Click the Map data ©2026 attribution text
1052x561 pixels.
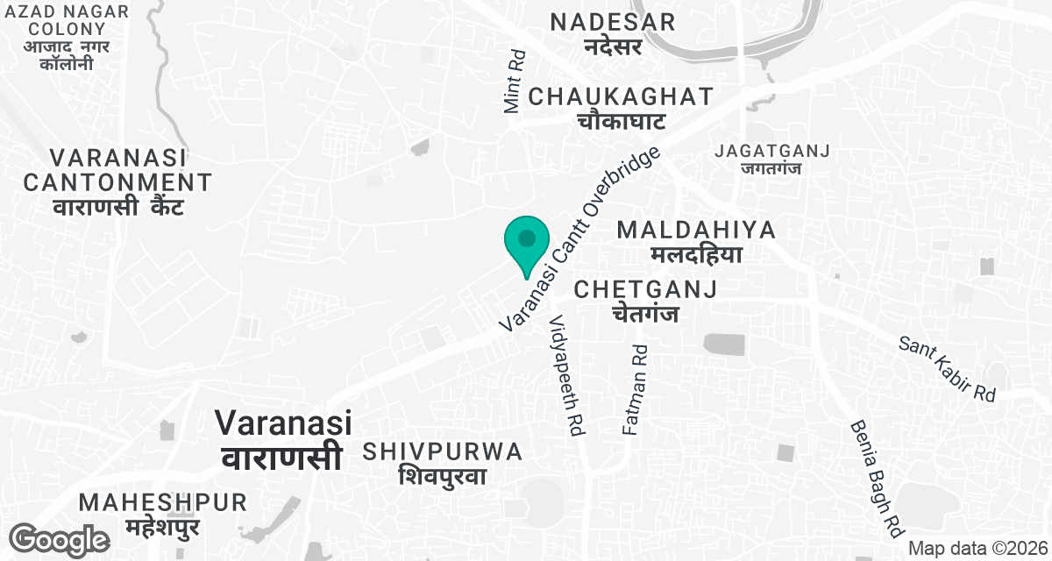point(977,548)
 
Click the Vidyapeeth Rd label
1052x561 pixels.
point(566,377)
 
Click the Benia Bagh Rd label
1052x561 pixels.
point(876,479)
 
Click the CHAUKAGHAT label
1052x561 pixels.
point(622,96)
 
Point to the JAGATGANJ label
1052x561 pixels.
point(771,151)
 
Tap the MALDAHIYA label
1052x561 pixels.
point(696,231)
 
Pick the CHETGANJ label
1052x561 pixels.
point(645,289)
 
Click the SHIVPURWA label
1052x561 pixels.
point(443,452)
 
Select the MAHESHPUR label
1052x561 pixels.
point(163,503)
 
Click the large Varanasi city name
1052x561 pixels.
point(283,423)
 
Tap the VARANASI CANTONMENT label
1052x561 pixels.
point(117,170)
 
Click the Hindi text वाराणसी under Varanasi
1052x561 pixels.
point(281,458)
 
